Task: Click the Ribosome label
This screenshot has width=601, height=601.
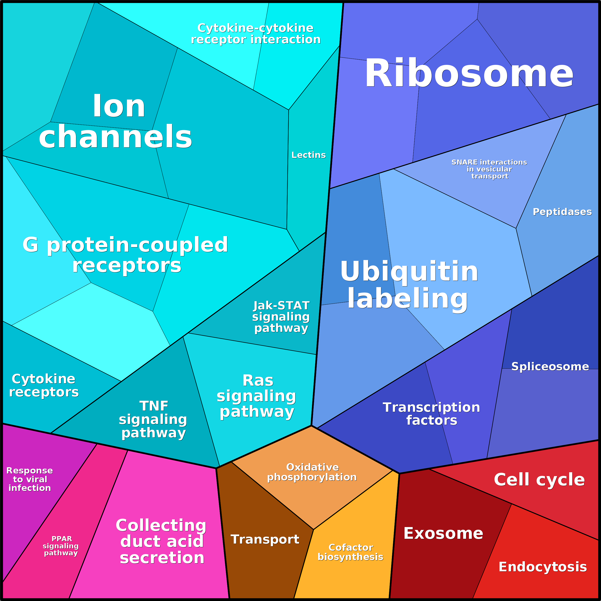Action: point(469,74)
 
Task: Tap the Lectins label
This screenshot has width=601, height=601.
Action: point(308,155)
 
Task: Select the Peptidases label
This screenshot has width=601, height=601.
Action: point(562,212)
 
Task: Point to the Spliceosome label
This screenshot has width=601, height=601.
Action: point(550,367)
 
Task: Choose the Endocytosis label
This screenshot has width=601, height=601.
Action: point(543,567)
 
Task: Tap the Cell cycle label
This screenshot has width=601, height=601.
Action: point(539,479)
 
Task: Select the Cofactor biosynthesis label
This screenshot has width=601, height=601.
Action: point(350,552)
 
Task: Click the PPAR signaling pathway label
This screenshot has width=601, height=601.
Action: point(61,546)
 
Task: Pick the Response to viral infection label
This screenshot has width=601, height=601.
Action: point(30,479)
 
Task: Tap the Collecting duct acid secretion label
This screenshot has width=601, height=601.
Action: point(161,541)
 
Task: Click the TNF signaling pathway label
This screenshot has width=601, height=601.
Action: point(153,419)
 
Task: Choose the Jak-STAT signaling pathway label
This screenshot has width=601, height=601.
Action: point(281,317)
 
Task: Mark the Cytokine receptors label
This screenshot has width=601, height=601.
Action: point(44,385)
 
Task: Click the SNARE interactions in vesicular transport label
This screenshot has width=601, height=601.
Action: point(489,169)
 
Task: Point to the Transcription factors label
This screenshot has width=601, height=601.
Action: point(431,414)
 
